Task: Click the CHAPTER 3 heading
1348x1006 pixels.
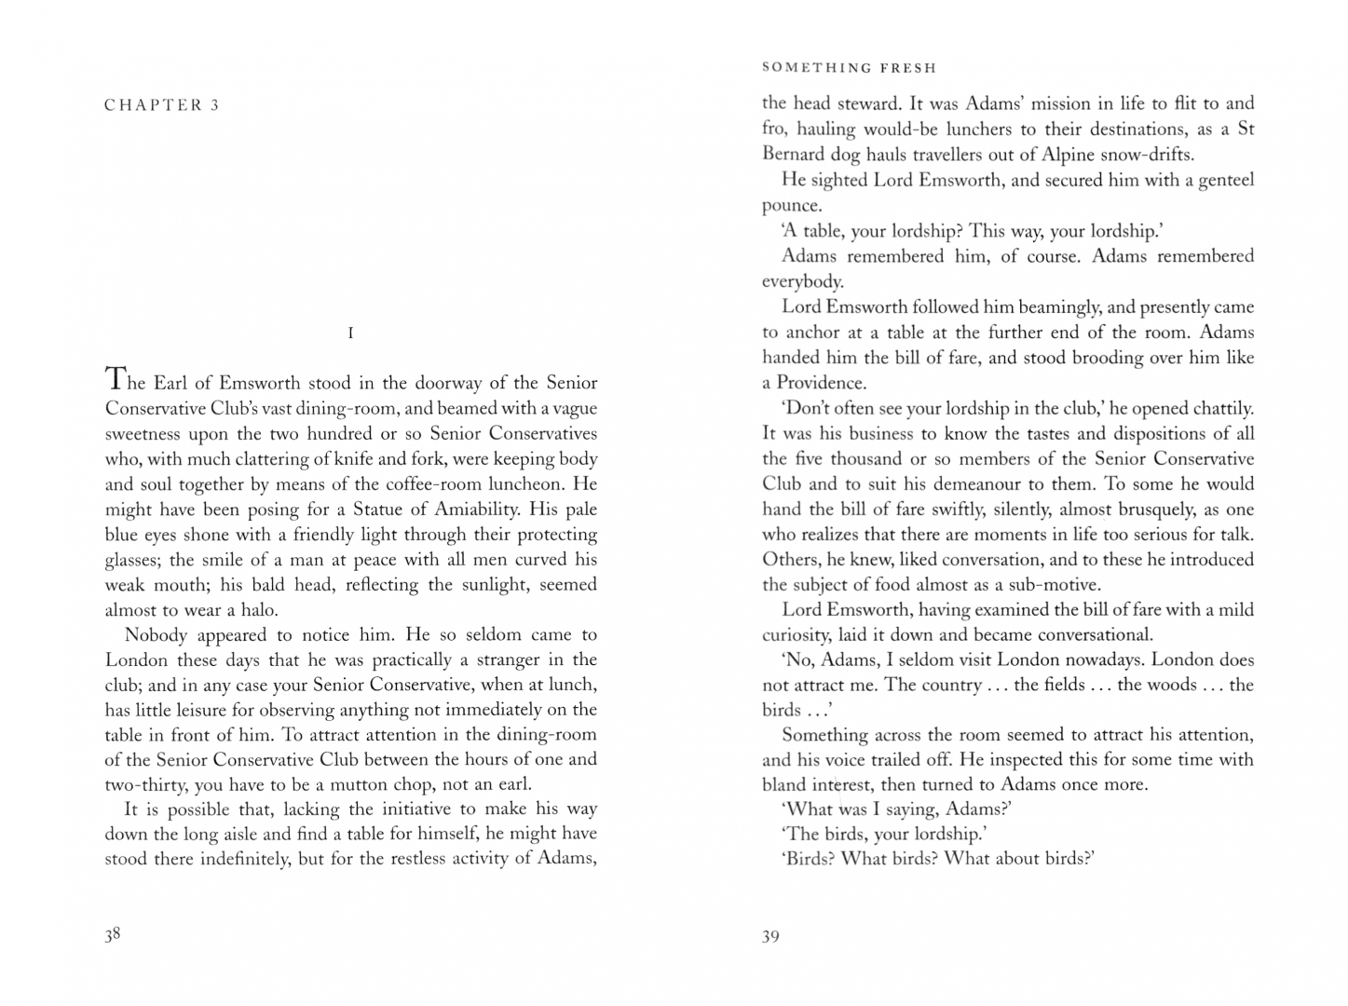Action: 161,105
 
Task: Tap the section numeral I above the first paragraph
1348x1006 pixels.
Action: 350,333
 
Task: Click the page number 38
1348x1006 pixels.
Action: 113,934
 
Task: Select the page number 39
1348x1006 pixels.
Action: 770,936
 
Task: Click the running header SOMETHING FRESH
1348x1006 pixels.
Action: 849,68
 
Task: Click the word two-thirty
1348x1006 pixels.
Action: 146,784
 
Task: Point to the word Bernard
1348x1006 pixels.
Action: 794,154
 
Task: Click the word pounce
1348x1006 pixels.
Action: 792,206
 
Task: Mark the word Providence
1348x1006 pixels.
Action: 821,383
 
